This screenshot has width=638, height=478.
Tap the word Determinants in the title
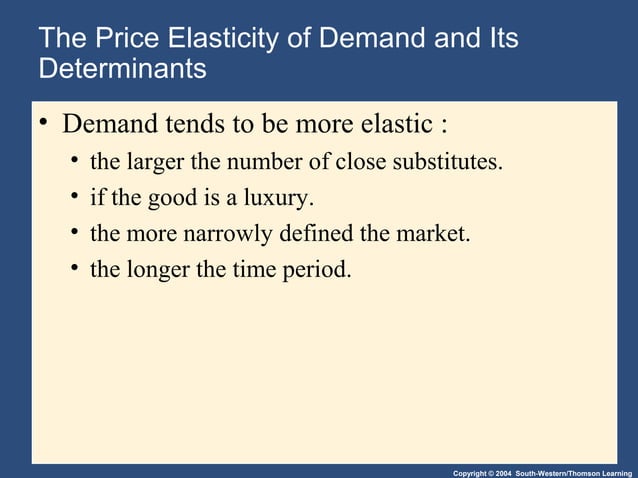coord(122,70)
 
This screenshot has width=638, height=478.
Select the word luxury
coord(281,197)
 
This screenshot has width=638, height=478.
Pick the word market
coord(434,233)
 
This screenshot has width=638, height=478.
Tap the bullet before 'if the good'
coord(74,197)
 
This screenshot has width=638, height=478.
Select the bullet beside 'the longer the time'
coord(74,268)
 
